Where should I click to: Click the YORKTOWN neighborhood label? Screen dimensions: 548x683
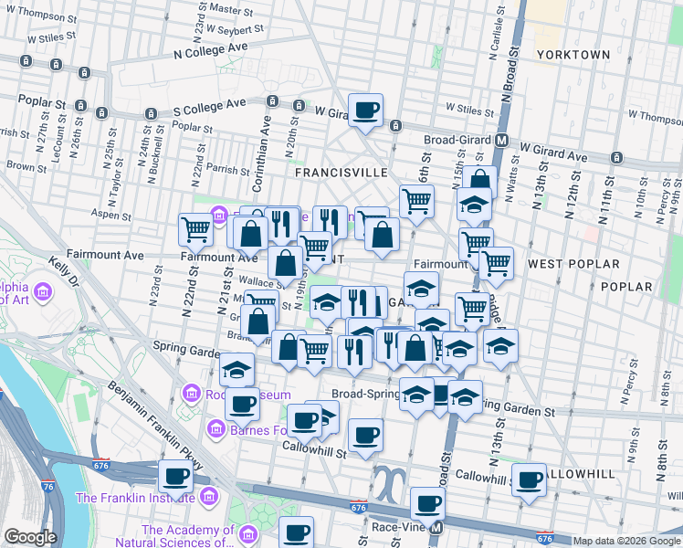[x=573, y=55]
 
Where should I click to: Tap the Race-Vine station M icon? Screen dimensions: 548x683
[x=436, y=527]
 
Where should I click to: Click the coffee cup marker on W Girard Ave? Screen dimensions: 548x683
[x=366, y=110]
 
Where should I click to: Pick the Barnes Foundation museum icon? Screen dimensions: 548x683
[x=216, y=427]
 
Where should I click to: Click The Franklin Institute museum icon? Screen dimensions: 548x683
[x=207, y=498]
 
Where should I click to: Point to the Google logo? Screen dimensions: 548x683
[x=29, y=537]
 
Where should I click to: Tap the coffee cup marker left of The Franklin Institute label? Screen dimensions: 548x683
[x=175, y=476]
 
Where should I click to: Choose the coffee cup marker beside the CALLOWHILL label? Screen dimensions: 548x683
[x=528, y=479]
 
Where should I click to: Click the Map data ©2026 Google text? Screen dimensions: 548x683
[x=625, y=541]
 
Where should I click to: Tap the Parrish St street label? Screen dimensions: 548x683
[x=227, y=170]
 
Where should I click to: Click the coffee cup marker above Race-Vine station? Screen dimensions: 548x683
[x=426, y=502]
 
